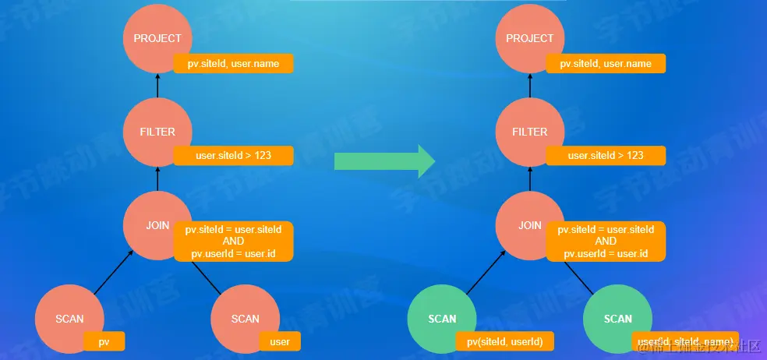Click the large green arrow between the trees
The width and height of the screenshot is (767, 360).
click(384, 161)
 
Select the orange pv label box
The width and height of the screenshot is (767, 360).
click(104, 341)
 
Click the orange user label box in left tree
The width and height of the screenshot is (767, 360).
click(280, 341)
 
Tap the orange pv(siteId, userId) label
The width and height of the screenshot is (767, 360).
click(505, 341)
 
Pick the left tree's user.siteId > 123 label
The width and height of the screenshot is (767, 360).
click(233, 156)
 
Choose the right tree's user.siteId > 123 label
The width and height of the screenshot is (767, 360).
click(606, 156)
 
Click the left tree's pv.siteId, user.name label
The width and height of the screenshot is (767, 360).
click(233, 63)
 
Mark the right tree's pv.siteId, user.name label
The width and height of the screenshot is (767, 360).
click(606, 63)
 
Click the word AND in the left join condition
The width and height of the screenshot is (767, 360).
click(233, 242)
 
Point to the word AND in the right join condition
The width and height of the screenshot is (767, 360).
click(606, 242)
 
